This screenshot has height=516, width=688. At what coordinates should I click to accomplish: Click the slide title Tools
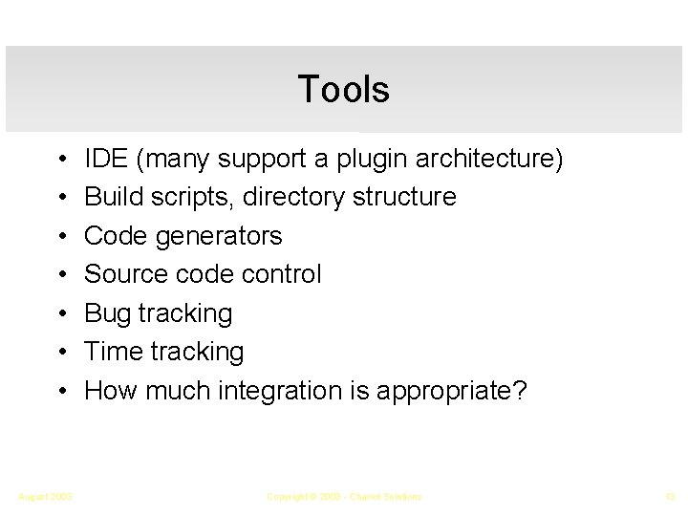tap(343, 89)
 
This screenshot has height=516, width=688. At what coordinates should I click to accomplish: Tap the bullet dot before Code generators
tap(60, 236)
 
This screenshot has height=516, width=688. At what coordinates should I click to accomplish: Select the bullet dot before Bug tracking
tap(60, 313)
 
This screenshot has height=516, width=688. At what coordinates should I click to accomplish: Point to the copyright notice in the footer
tap(343, 496)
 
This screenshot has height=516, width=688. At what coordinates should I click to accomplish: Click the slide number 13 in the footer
tap(668, 496)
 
